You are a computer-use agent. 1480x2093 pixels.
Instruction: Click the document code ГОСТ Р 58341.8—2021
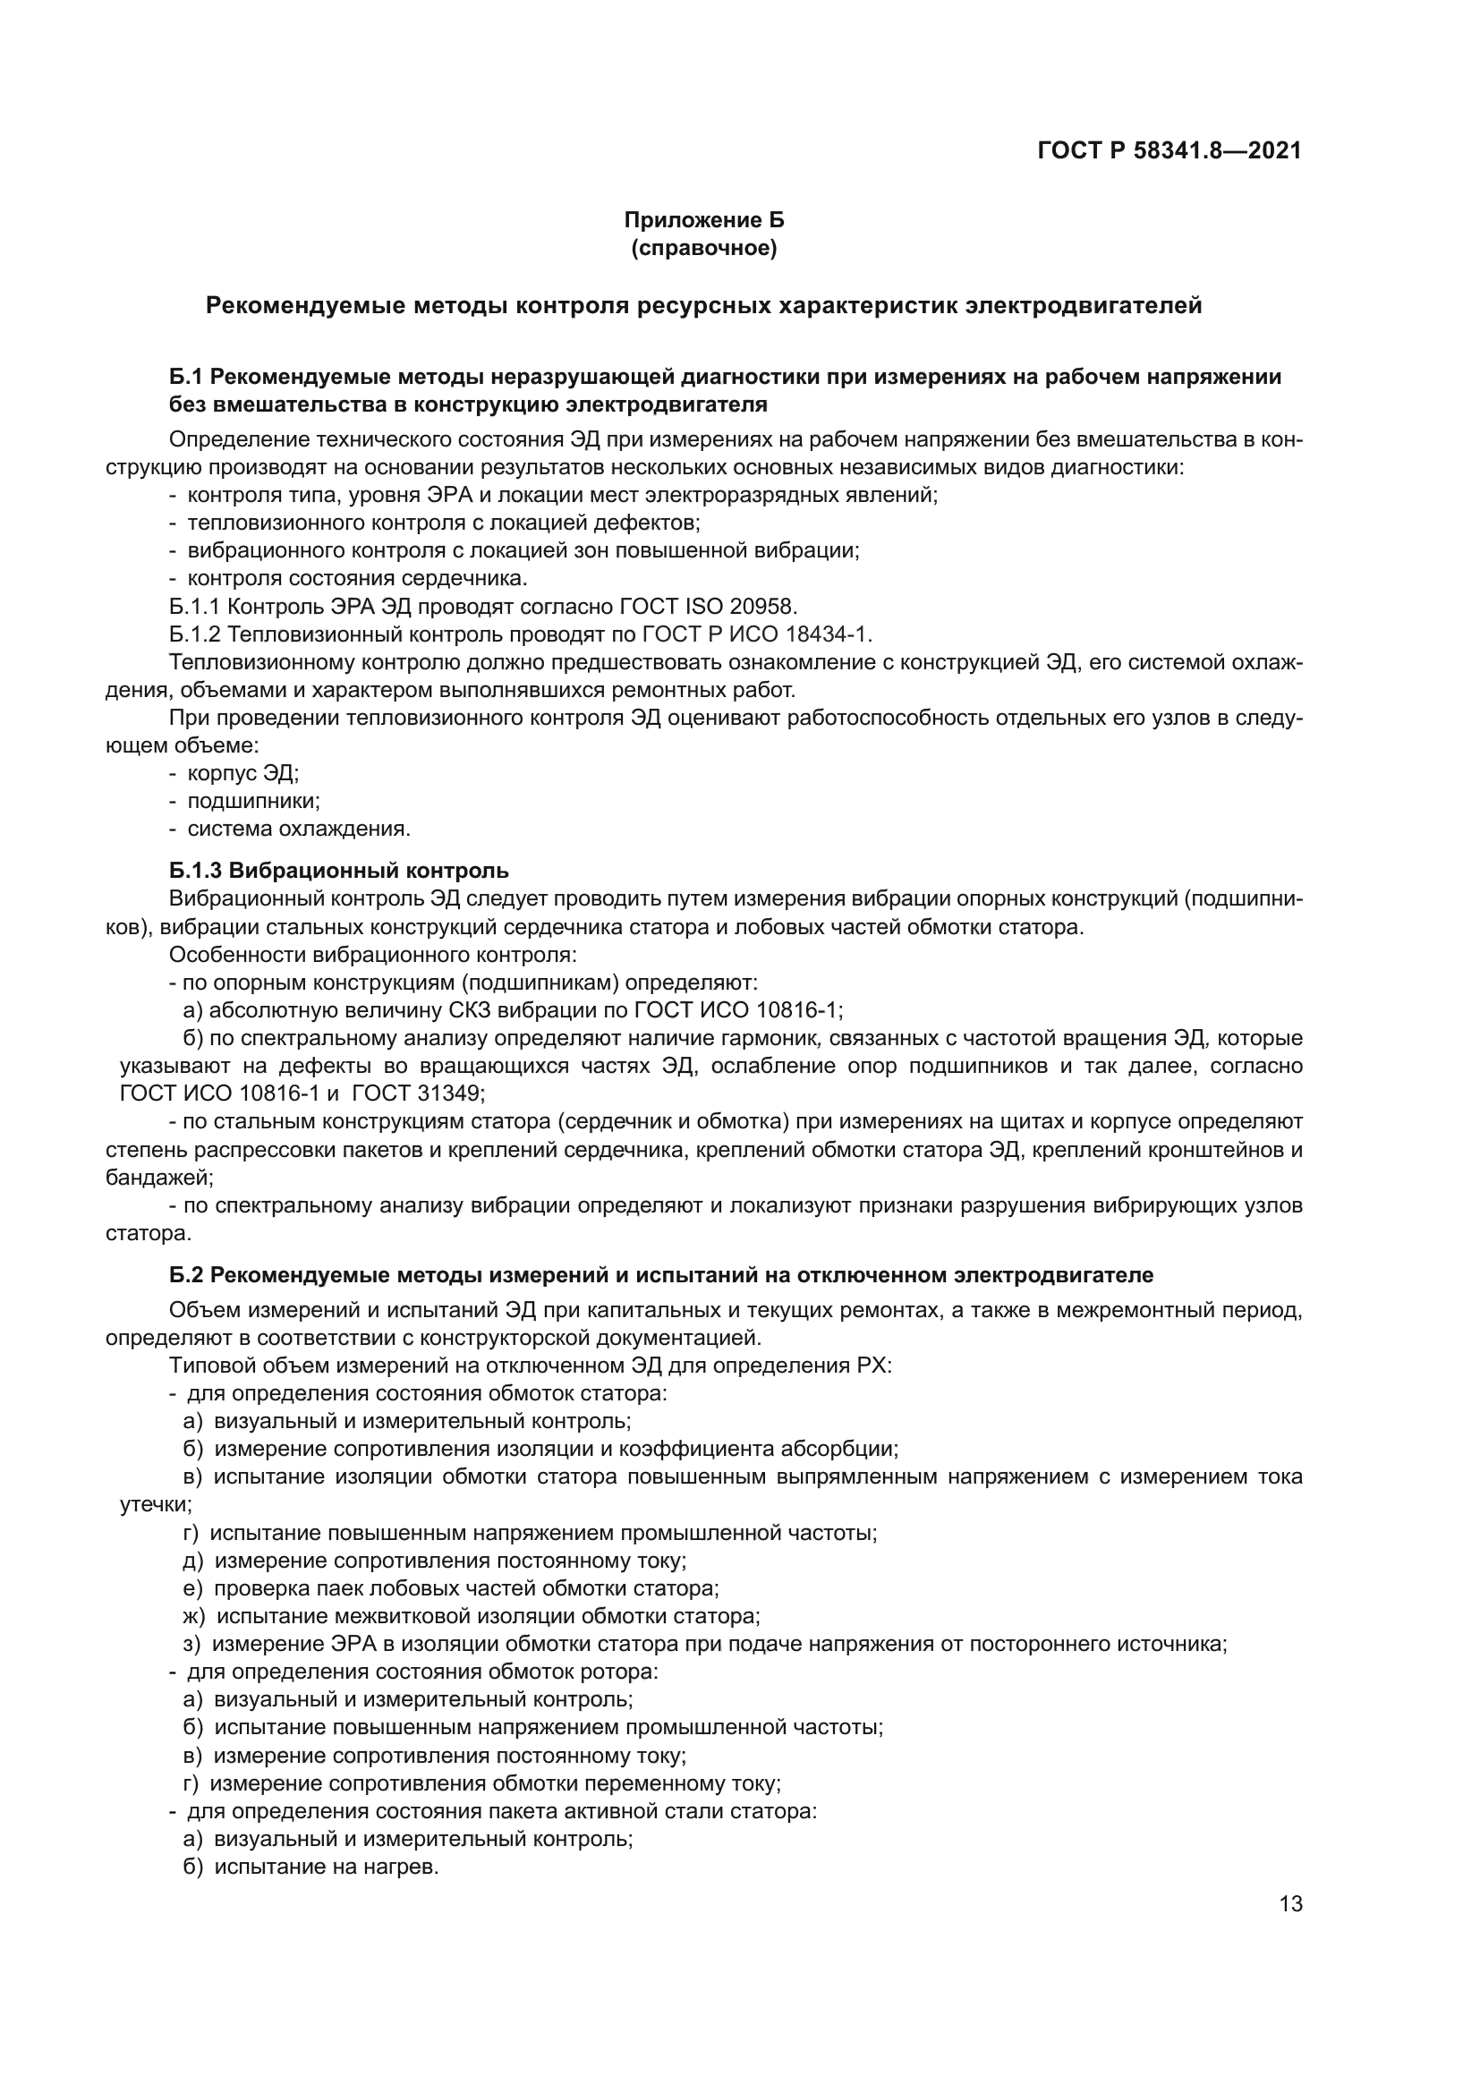click(1169, 150)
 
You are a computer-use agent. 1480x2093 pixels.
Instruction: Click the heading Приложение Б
click(703, 220)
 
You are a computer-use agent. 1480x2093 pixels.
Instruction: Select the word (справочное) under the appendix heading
click(703, 248)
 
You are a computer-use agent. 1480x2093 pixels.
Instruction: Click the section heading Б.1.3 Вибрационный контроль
click(338, 870)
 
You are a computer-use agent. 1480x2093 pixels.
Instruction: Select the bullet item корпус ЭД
click(242, 773)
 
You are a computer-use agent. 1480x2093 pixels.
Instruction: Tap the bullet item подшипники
click(253, 801)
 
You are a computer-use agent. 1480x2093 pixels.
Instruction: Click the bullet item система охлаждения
click(298, 829)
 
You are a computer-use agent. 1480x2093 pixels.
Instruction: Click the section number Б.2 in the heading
click(188, 1274)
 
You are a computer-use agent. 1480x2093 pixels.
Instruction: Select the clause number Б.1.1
click(194, 606)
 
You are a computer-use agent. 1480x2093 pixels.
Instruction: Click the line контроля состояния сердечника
click(357, 578)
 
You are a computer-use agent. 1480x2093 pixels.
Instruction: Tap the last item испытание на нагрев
click(326, 1866)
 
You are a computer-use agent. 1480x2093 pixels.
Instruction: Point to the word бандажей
click(158, 1177)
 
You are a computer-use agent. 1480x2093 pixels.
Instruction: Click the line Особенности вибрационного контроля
click(372, 955)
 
